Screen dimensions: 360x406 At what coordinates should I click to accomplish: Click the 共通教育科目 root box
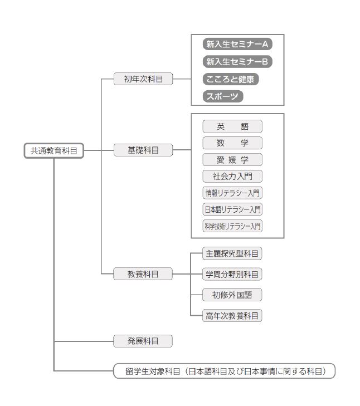point(54,150)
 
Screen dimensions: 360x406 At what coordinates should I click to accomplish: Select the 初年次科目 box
point(143,79)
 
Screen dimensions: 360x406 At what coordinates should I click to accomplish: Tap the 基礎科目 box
point(143,150)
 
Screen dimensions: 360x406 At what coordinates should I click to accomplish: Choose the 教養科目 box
point(143,273)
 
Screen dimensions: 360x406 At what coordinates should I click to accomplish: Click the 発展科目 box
point(143,341)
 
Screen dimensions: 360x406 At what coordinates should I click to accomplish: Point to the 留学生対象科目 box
point(225,371)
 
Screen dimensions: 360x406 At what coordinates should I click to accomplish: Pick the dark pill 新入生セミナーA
point(237,44)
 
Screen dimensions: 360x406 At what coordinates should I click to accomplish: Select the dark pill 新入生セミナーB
point(237,62)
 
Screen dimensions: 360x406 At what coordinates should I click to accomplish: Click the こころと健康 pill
point(231,79)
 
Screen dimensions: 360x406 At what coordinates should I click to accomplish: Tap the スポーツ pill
point(223,96)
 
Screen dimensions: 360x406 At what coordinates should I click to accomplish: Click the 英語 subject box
point(232,126)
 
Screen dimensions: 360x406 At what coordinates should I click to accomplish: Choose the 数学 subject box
point(232,143)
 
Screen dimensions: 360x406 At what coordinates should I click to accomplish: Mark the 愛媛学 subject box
point(232,159)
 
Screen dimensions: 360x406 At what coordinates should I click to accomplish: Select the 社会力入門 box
point(232,176)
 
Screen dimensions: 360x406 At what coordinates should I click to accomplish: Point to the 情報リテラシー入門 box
point(232,193)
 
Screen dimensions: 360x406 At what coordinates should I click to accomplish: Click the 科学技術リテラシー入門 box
point(232,226)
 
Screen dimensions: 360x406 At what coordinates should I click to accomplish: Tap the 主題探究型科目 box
point(232,253)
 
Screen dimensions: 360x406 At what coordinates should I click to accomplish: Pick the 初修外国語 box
point(232,295)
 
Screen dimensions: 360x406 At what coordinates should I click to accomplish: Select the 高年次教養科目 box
point(232,315)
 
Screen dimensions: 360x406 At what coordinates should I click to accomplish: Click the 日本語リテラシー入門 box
point(232,209)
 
